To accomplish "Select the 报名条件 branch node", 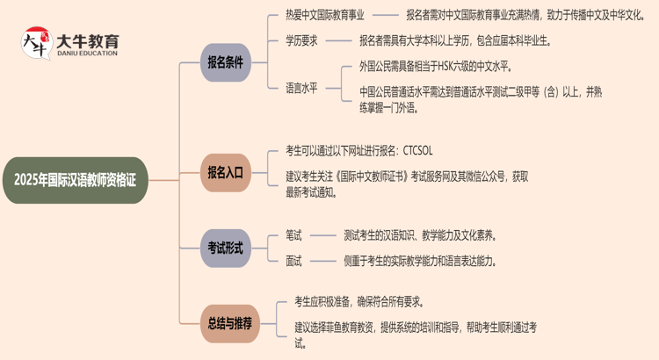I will [x=225, y=62].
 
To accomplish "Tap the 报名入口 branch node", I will [x=225, y=172].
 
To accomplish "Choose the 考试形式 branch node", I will [x=225, y=248].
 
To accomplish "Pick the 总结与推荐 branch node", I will [x=229, y=322].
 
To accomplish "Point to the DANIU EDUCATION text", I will [x=87, y=53].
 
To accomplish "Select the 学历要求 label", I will [x=301, y=40].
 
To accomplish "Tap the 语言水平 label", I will [x=301, y=87].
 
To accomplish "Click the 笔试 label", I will [x=293, y=235].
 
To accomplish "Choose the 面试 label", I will [x=293, y=261].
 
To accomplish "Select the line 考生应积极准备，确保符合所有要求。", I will [x=360, y=302].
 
